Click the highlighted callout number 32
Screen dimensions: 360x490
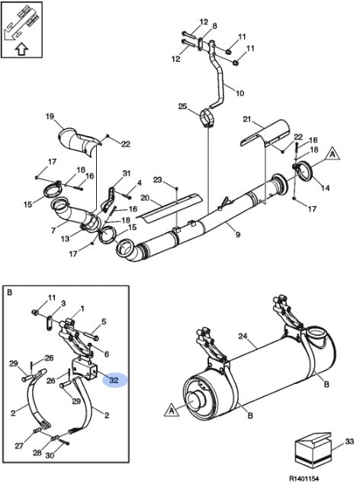click(114, 380)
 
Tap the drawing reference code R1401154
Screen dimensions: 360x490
click(304, 479)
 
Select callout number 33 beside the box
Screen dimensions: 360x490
click(349, 441)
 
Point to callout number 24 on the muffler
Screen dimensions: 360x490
click(243, 337)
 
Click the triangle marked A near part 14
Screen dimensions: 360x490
click(333, 154)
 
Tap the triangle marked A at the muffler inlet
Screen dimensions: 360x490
click(172, 410)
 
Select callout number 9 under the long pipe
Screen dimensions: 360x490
click(238, 234)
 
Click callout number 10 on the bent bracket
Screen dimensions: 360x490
click(239, 93)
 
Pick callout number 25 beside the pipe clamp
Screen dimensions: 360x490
click(182, 107)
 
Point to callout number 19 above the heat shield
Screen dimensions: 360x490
click(50, 117)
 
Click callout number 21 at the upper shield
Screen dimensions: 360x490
click(247, 119)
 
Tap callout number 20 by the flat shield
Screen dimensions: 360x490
click(145, 198)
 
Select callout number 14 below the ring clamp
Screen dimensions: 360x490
click(326, 188)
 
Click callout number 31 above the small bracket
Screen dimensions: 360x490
click(126, 173)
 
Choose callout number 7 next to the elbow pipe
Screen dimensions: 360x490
click(53, 230)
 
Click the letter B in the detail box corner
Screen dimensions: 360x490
click(9, 293)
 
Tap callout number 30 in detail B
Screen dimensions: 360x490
click(50, 456)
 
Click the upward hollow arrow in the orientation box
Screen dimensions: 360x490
click(21, 49)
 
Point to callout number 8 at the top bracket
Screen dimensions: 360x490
click(214, 26)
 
